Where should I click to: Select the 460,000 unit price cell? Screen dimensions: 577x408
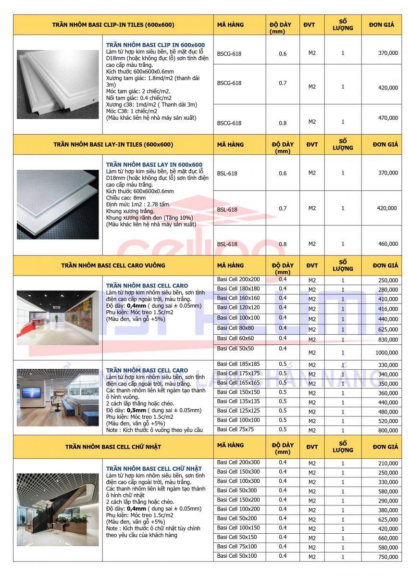coord(388,244)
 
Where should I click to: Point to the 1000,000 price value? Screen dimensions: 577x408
coord(387,353)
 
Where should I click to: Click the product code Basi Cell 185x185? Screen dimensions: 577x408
coord(238,364)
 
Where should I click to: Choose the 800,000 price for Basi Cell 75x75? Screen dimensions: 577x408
coord(388,431)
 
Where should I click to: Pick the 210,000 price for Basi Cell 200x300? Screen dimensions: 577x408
coord(388,464)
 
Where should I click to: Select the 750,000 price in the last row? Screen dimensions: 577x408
coord(388,557)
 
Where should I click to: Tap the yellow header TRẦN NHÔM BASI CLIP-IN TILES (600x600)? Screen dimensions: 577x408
coord(113,25)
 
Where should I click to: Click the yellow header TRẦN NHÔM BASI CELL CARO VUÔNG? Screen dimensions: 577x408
coord(113,265)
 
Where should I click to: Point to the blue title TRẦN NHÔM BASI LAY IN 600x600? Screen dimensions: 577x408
coord(154,164)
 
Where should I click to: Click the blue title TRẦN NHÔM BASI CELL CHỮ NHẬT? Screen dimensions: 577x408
coord(154,468)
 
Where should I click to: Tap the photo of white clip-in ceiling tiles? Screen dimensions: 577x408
coord(58,84)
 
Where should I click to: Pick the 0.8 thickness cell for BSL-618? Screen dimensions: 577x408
coord(283,244)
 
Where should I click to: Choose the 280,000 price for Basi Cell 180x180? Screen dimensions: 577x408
coord(388,290)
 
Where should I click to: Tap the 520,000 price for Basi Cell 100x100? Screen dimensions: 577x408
coord(388,421)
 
